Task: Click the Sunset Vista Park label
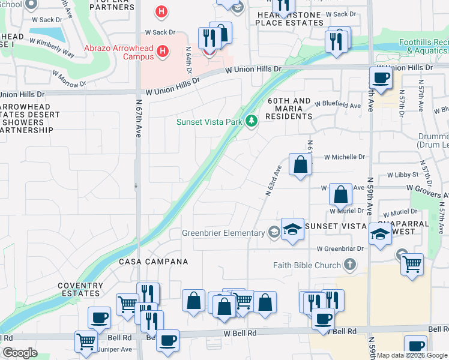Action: tap(208, 122)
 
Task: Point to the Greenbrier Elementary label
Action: tap(224, 233)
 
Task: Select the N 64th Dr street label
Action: tap(188, 61)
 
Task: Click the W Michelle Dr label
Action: tap(345, 157)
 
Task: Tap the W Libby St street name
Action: tap(403, 175)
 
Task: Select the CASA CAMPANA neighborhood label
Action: tap(153, 262)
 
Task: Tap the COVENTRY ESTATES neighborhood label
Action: tap(79, 290)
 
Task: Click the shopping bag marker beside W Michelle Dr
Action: tap(300, 164)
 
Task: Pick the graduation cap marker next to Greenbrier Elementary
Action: tap(292, 229)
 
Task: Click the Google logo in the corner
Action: tap(20, 353)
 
